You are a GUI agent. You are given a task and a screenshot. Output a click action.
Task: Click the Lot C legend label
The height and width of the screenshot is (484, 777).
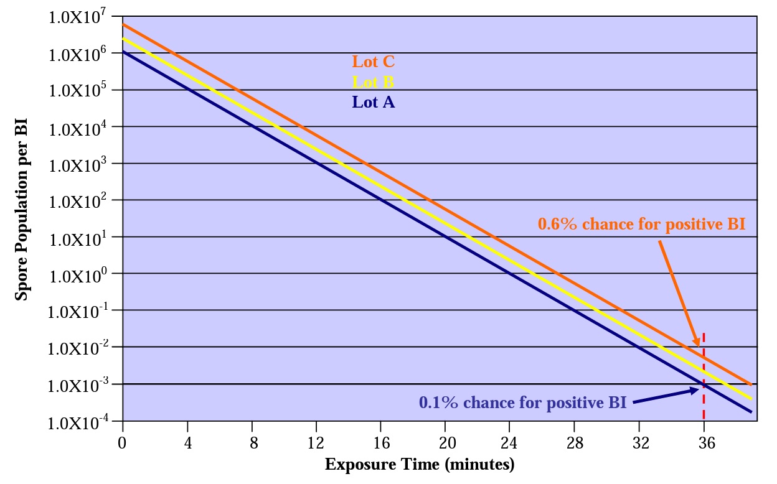(x=374, y=62)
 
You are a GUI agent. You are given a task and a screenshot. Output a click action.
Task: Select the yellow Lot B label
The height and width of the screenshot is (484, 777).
(x=373, y=82)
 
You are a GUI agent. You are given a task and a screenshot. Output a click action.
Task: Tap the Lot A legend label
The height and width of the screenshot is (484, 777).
(x=373, y=102)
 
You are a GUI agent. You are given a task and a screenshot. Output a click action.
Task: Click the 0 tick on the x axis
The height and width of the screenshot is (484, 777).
(x=123, y=442)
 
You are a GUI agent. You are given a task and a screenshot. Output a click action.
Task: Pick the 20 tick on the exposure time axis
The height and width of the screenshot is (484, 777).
(x=445, y=442)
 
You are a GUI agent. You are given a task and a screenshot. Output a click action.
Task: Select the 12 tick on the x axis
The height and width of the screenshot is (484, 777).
(x=316, y=442)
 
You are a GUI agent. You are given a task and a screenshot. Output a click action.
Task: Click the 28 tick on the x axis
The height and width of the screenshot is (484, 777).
(x=575, y=442)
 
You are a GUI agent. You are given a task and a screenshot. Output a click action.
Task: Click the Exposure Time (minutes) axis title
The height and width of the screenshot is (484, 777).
(x=420, y=464)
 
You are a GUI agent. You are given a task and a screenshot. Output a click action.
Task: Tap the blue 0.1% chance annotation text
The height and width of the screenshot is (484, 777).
(x=522, y=403)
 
